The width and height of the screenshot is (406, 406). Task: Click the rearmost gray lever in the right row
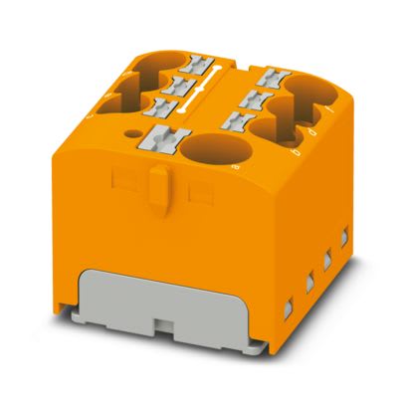coord(273,75)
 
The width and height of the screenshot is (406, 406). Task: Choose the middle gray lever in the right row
coord(256,97)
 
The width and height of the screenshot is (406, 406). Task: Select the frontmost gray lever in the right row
coord(239,118)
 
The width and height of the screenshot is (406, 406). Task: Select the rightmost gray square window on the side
coord(345,238)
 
